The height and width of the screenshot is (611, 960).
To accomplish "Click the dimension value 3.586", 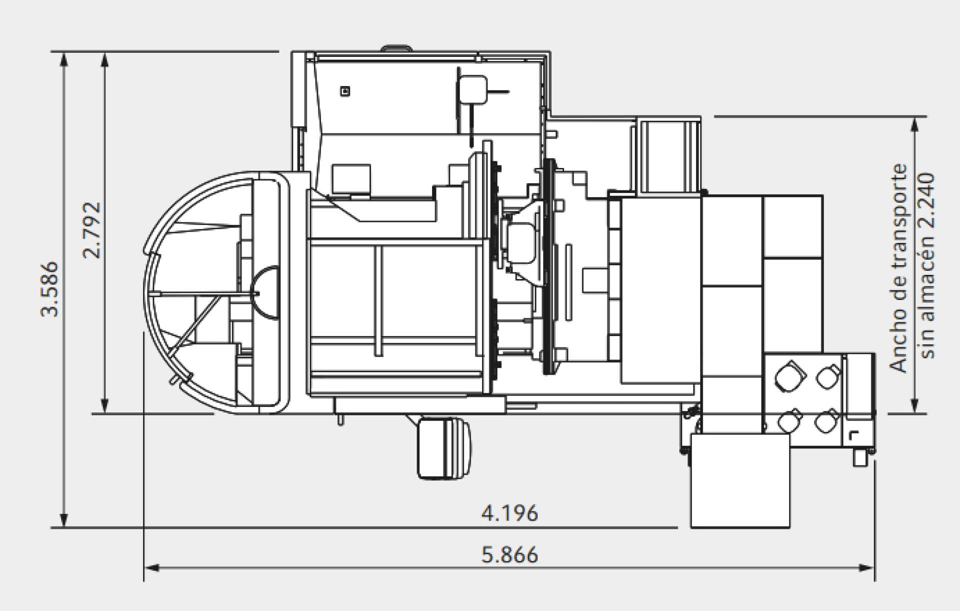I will coord(50,289).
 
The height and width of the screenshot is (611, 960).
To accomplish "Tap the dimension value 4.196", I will coord(509,513).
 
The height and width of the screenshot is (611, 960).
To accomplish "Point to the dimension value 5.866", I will coord(509,555).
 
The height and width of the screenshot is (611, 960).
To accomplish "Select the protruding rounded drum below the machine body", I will coord(444,449).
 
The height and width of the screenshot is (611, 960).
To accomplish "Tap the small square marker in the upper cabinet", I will coord(344,91).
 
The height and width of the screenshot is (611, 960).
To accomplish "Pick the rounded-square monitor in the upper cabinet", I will coord(472,89).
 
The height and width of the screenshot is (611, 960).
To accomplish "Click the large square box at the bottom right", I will coord(740,480).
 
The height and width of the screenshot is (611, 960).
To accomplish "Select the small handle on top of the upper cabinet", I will coord(396,48).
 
